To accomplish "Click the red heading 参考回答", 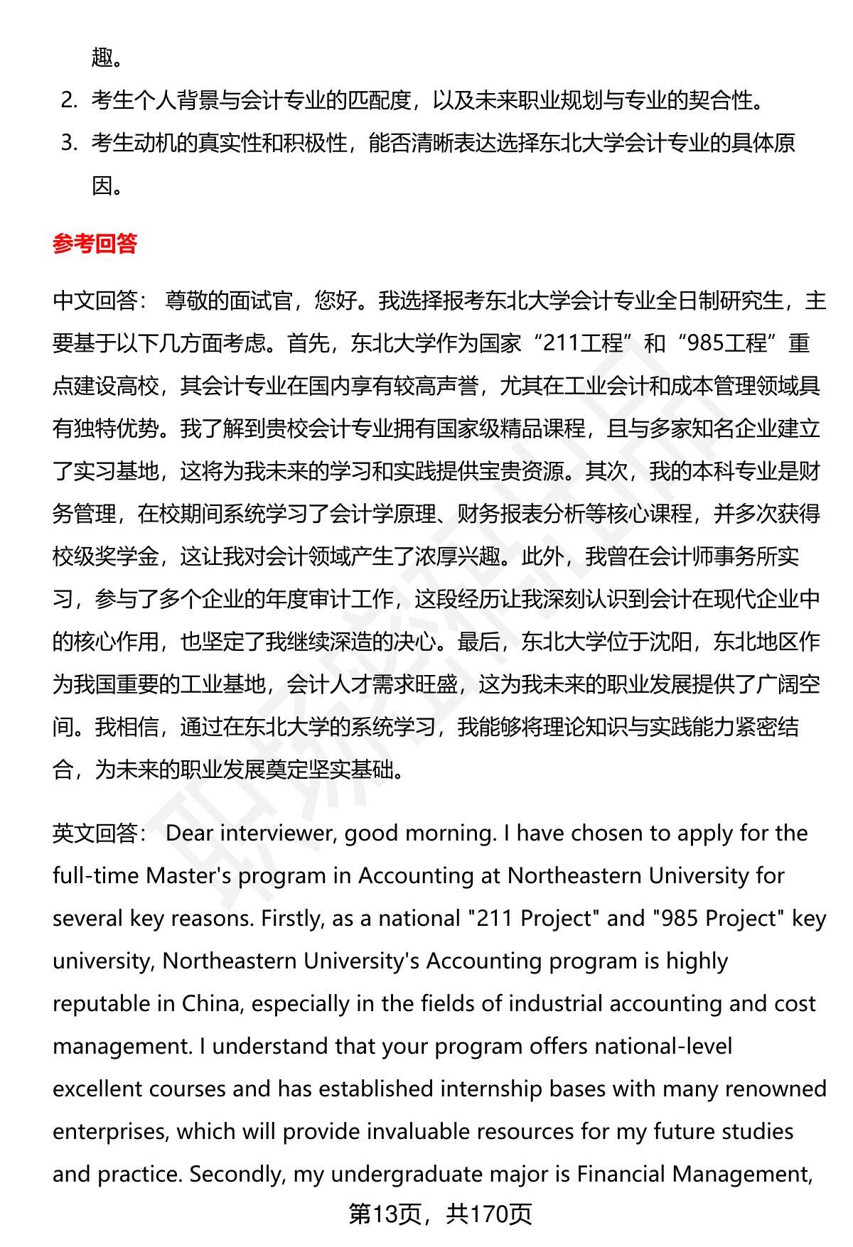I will (95, 244).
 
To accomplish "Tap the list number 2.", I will (68, 100).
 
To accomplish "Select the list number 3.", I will (68, 143).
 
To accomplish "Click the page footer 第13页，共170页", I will (440, 1214).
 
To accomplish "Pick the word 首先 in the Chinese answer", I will (309, 343).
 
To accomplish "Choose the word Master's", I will (188, 875).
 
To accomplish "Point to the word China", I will (211, 1003).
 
